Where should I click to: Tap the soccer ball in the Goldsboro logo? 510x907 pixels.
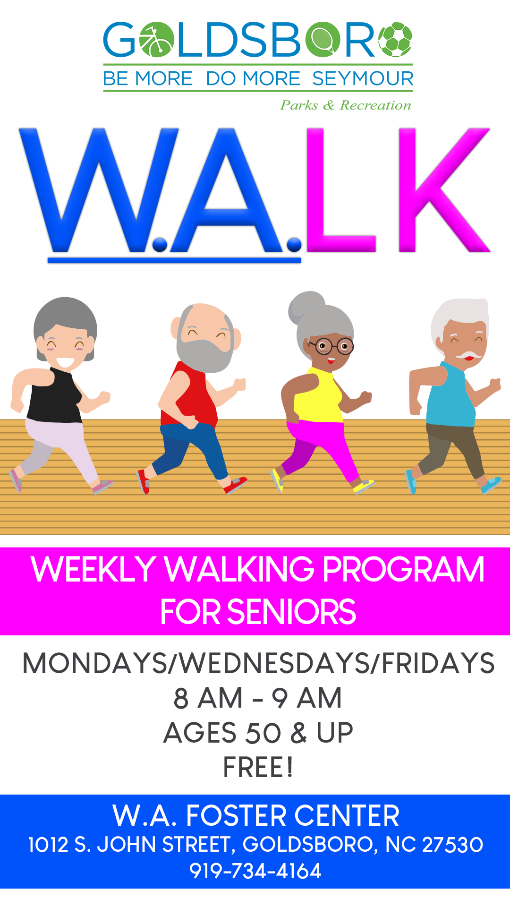pyautogui.click(x=395, y=40)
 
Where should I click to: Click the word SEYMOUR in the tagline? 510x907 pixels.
pyautogui.click(x=363, y=78)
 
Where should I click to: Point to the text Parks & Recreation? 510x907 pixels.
pyautogui.click(x=346, y=105)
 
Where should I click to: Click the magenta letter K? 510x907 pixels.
pyautogui.click(x=444, y=189)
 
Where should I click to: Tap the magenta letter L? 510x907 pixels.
pyautogui.click(x=340, y=189)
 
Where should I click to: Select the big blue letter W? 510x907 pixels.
pyautogui.click(x=99, y=189)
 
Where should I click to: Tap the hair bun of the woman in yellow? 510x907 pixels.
pyautogui.click(x=306, y=307)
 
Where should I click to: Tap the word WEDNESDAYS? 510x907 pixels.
pyautogui.click(x=275, y=663)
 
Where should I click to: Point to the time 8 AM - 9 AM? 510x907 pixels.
pyautogui.click(x=258, y=698)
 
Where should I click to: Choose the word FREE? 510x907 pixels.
pyautogui.click(x=258, y=767)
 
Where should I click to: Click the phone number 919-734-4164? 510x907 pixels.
pyautogui.click(x=255, y=871)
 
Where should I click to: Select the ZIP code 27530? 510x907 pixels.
pyautogui.click(x=452, y=845)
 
